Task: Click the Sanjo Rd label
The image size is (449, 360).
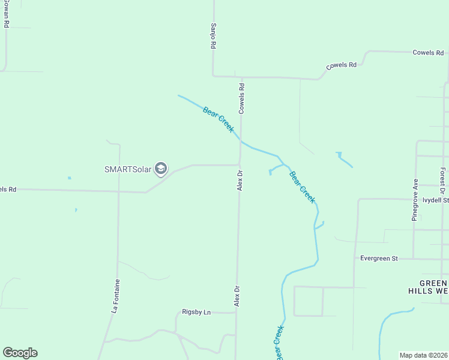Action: point(213,37)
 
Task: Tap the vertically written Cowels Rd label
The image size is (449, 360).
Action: point(241,96)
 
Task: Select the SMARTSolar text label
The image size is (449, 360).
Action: point(126,169)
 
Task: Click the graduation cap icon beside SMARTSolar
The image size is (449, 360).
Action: point(161,169)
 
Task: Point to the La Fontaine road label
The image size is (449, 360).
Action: point(116,296)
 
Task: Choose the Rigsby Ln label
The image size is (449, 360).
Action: point(197,312)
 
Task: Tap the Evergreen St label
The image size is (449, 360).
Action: point(379,258)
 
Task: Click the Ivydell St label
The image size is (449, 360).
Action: point(435,200)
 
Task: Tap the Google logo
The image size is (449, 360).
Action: point(20,353)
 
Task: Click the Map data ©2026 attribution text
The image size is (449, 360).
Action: point(424,355)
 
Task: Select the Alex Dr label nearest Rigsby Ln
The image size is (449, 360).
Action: point(237,296)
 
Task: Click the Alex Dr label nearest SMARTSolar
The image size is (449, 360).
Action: point(239,180)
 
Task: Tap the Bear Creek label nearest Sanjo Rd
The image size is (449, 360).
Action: point(218,119)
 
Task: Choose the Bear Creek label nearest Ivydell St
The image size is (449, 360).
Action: point(302,187)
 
